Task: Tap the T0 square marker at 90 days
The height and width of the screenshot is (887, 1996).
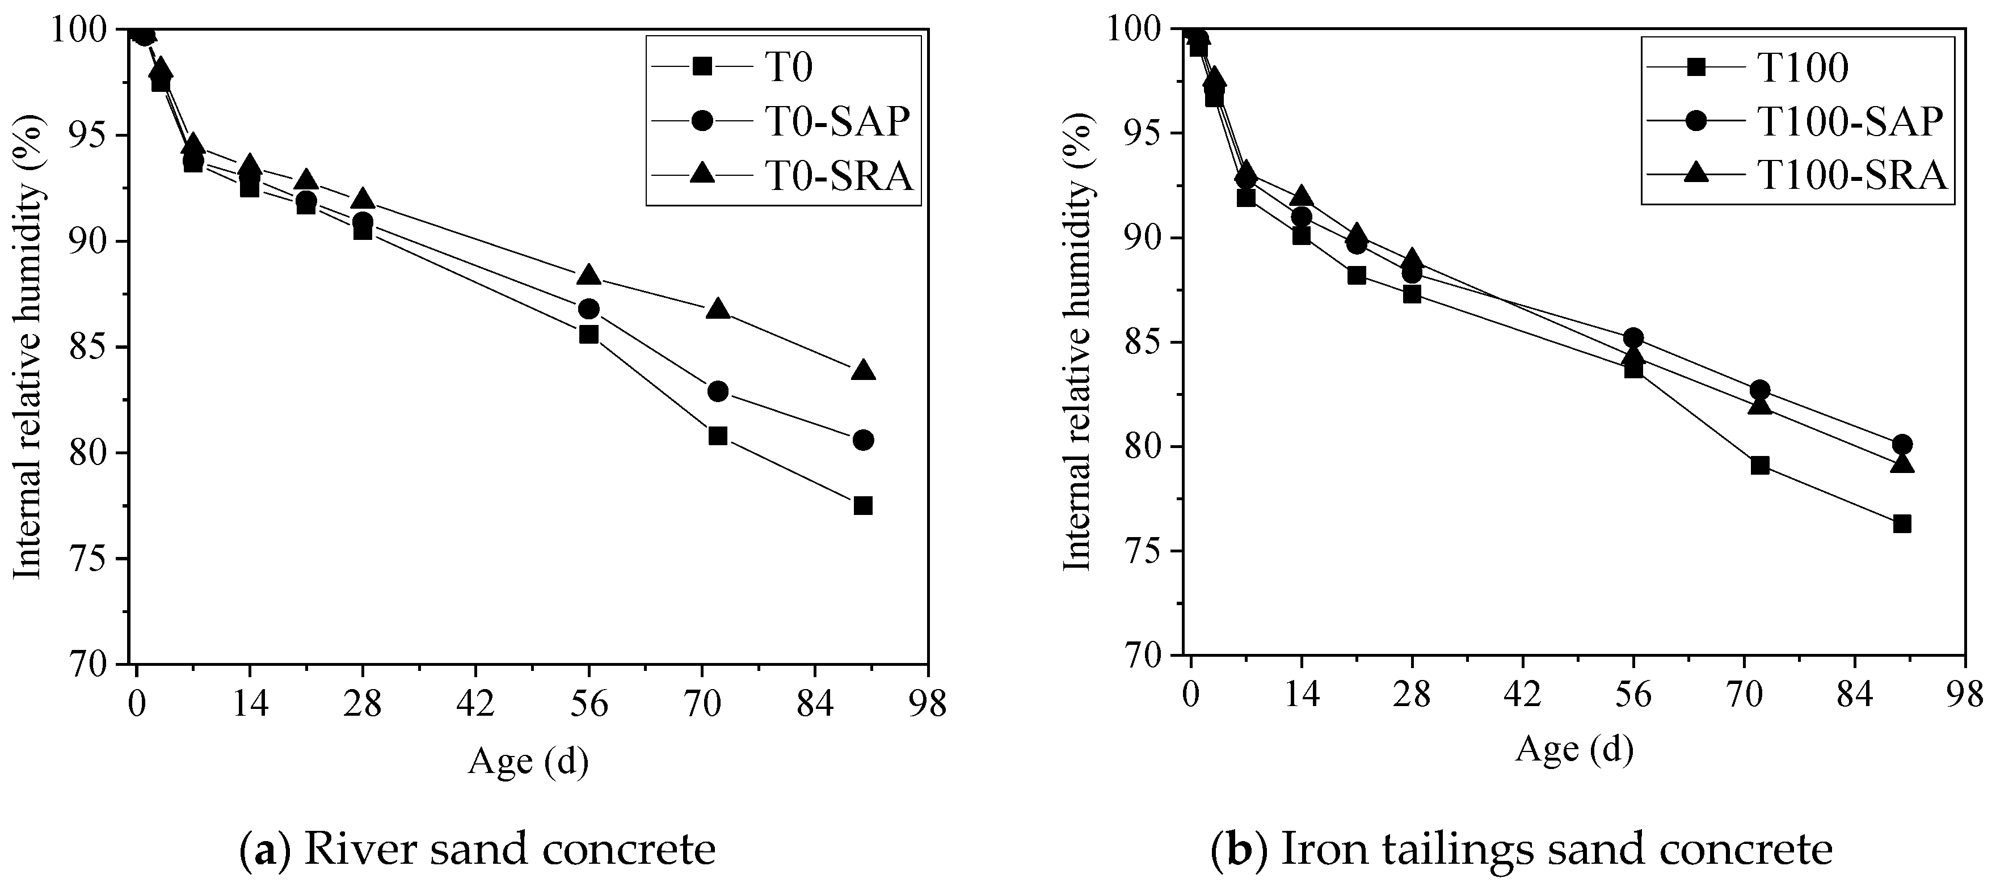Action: point(862,506)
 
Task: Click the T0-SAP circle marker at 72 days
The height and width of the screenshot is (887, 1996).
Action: point(718,391)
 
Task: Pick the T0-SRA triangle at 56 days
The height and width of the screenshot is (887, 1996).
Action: point(589,275)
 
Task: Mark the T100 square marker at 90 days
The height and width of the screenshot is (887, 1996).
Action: point(1901,523)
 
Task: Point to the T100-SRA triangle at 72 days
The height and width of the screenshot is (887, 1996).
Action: point(1759,405)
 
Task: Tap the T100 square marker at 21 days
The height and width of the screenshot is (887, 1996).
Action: point(1356,275)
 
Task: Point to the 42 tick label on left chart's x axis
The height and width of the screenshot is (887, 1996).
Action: point(475,706)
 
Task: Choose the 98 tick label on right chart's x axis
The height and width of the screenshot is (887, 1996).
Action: point(1962,694)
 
